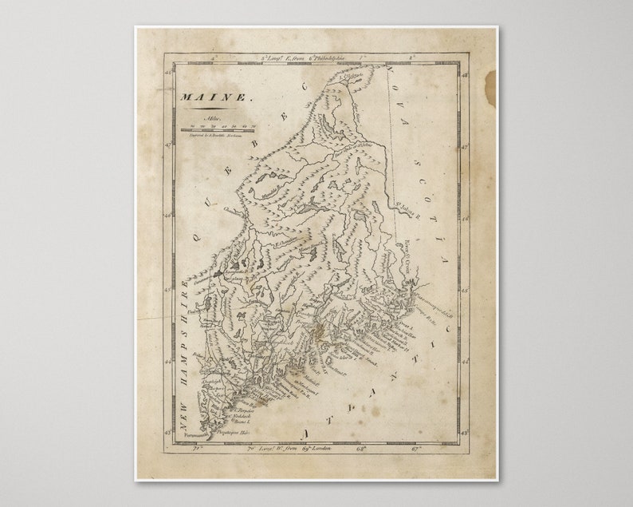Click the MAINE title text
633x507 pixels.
[x=206, y=97]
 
